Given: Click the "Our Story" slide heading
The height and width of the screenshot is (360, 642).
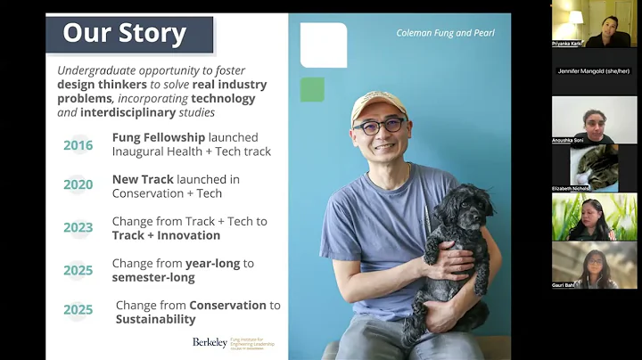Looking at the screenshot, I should coord(125,35).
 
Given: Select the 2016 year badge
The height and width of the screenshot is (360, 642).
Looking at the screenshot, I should coord(78,145).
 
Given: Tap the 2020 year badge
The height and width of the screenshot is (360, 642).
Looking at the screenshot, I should coord(78,185).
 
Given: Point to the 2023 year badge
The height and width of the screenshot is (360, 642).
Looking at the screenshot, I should coord(78,227).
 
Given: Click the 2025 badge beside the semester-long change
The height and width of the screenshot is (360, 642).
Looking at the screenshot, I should coord(78,269).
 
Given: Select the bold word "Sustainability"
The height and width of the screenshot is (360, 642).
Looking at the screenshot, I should coord(155,319).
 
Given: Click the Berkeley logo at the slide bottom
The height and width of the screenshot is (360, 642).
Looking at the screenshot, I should coord(210,342).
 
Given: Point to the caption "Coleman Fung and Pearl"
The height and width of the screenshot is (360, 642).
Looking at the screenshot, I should coord(445,33).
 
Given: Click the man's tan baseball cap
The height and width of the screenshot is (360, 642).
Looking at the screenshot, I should coord(378,105).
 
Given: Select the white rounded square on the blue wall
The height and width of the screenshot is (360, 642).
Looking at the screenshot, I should coord(324,45).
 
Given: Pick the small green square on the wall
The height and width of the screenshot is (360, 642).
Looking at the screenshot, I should coord(311,89).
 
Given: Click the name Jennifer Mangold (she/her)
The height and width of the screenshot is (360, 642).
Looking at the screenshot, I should coord(594,70).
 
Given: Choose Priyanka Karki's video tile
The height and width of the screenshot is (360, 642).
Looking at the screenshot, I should coord(594,21).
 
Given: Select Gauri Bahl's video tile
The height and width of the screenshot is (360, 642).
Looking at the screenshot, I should coord(594,265).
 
